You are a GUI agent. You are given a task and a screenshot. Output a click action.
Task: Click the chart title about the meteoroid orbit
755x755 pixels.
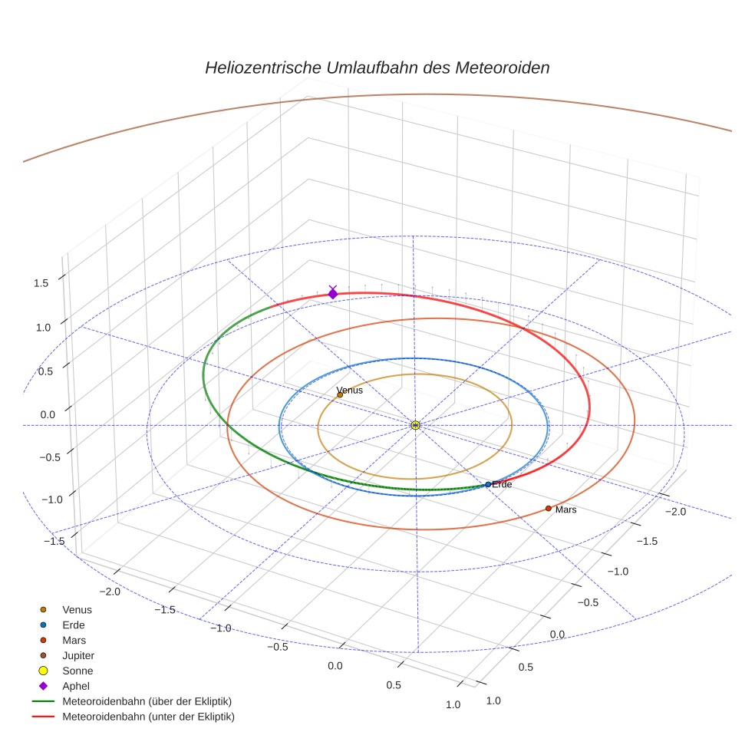(377, 68)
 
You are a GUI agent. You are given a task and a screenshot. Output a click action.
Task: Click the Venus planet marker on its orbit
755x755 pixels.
(340, 394)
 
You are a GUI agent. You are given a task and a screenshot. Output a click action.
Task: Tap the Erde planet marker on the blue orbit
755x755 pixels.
(488, 484)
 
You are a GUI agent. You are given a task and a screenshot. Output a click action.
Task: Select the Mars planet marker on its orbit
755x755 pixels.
(548, 508)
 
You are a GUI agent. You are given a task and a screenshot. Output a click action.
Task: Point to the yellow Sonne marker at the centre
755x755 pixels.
(415, 425)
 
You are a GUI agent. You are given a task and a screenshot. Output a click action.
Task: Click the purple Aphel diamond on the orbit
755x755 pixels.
(332, 294)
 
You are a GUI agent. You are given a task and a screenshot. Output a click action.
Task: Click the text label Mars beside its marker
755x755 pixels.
(565, 509)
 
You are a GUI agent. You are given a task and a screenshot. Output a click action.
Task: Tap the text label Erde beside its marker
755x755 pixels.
(502, 484)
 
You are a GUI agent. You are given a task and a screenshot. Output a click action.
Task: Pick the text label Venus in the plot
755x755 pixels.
(350, 390)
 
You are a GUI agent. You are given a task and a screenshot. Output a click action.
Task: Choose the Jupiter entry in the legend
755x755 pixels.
(78, 655)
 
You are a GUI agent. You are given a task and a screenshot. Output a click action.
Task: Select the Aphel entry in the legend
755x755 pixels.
(74, 686)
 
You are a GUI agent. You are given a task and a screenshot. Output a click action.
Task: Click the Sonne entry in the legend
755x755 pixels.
(77, 671)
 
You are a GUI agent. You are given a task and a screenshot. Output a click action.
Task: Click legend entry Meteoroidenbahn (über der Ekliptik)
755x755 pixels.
(147, 701)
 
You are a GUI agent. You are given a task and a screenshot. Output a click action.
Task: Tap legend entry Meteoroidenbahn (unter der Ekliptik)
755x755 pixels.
(148, 717)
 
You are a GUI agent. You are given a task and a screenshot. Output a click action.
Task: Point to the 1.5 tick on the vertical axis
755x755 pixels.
(41, 283)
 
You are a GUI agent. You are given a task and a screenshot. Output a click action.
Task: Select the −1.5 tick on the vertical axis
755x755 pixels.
(54, 541)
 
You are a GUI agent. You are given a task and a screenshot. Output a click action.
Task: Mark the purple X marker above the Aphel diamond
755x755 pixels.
(332, 288)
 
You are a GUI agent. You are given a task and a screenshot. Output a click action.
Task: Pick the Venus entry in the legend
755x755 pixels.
(77, 609)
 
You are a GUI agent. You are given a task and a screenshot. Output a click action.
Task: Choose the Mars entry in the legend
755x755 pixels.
(74, 640)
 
